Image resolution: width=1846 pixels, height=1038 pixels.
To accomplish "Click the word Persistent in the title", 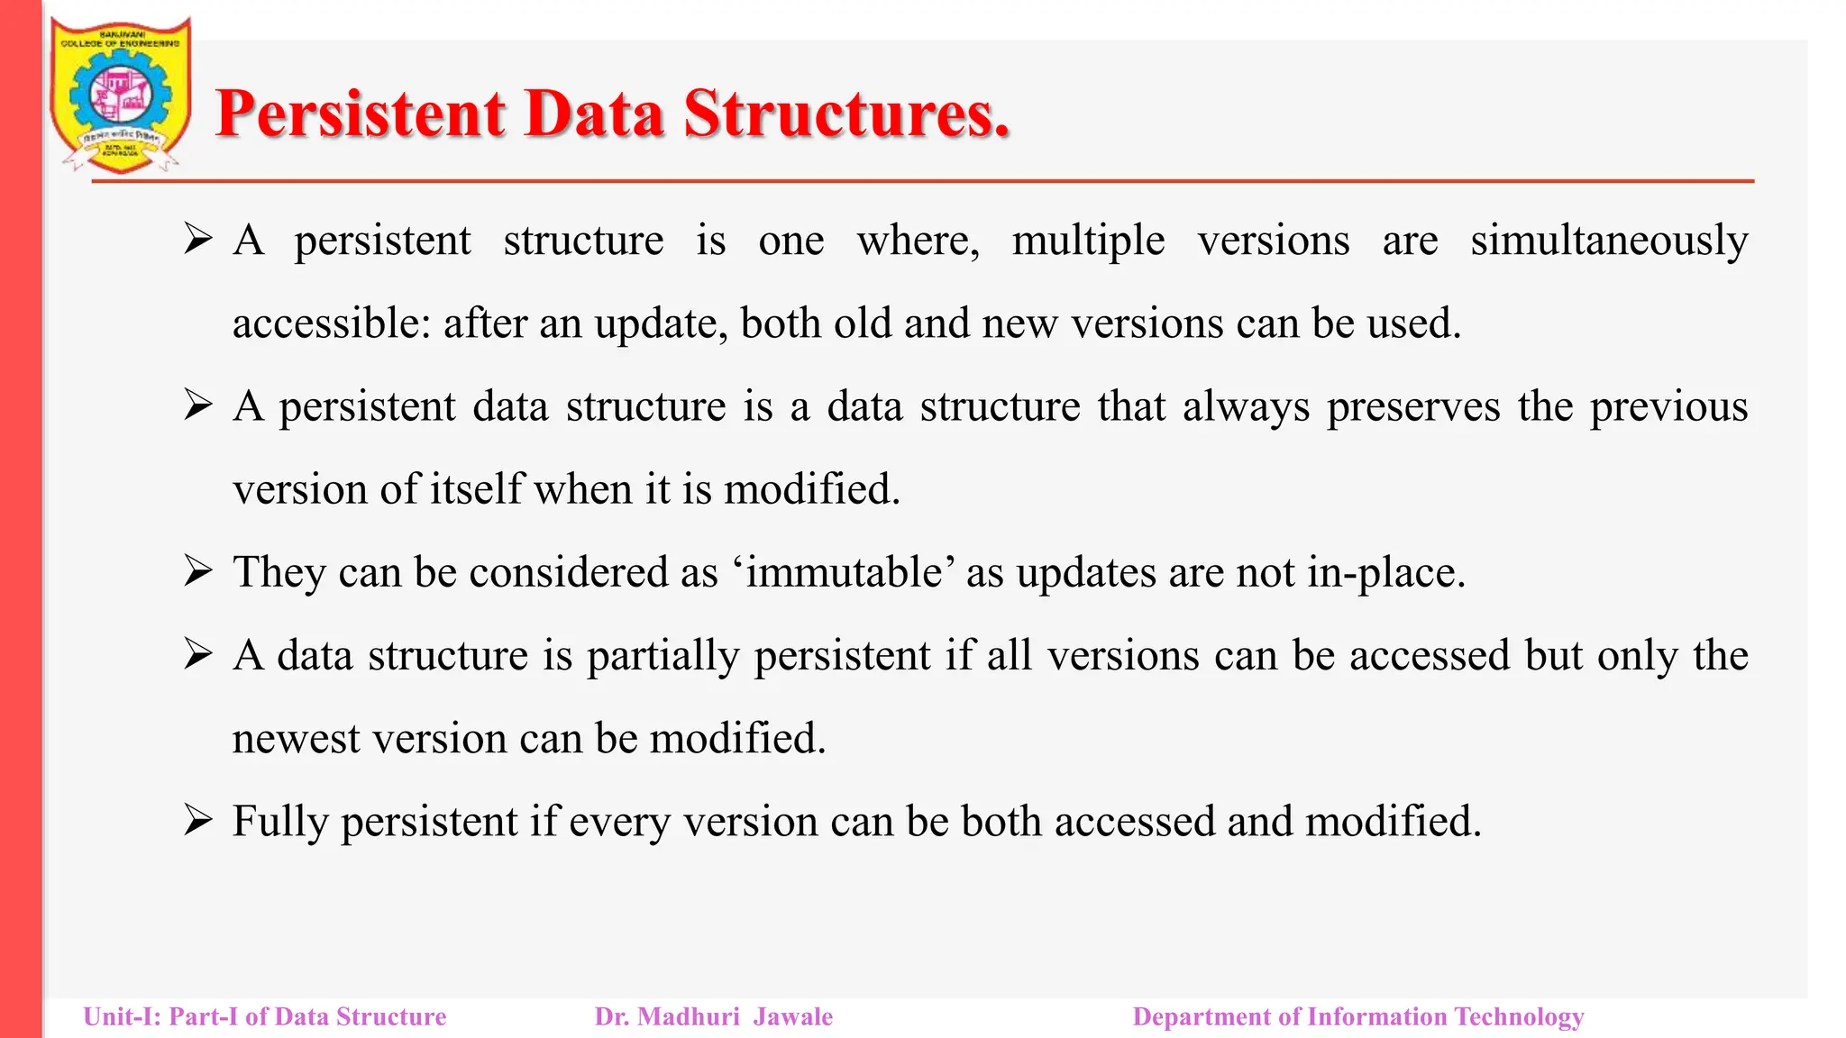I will [361, 114].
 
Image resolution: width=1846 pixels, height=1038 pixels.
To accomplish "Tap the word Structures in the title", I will [845, 114].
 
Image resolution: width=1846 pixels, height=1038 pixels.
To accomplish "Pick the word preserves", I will [1412, 406].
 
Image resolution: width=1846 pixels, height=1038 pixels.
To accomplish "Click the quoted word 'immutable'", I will [844, 572].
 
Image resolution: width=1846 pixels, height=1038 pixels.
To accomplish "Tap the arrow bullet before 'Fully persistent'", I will [197, 820].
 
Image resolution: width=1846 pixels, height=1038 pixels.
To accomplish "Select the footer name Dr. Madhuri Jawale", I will [713, 1016].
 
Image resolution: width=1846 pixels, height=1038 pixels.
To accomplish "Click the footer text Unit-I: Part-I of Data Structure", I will [264, 1016].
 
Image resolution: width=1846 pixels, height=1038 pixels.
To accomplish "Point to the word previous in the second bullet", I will [1668, 406].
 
